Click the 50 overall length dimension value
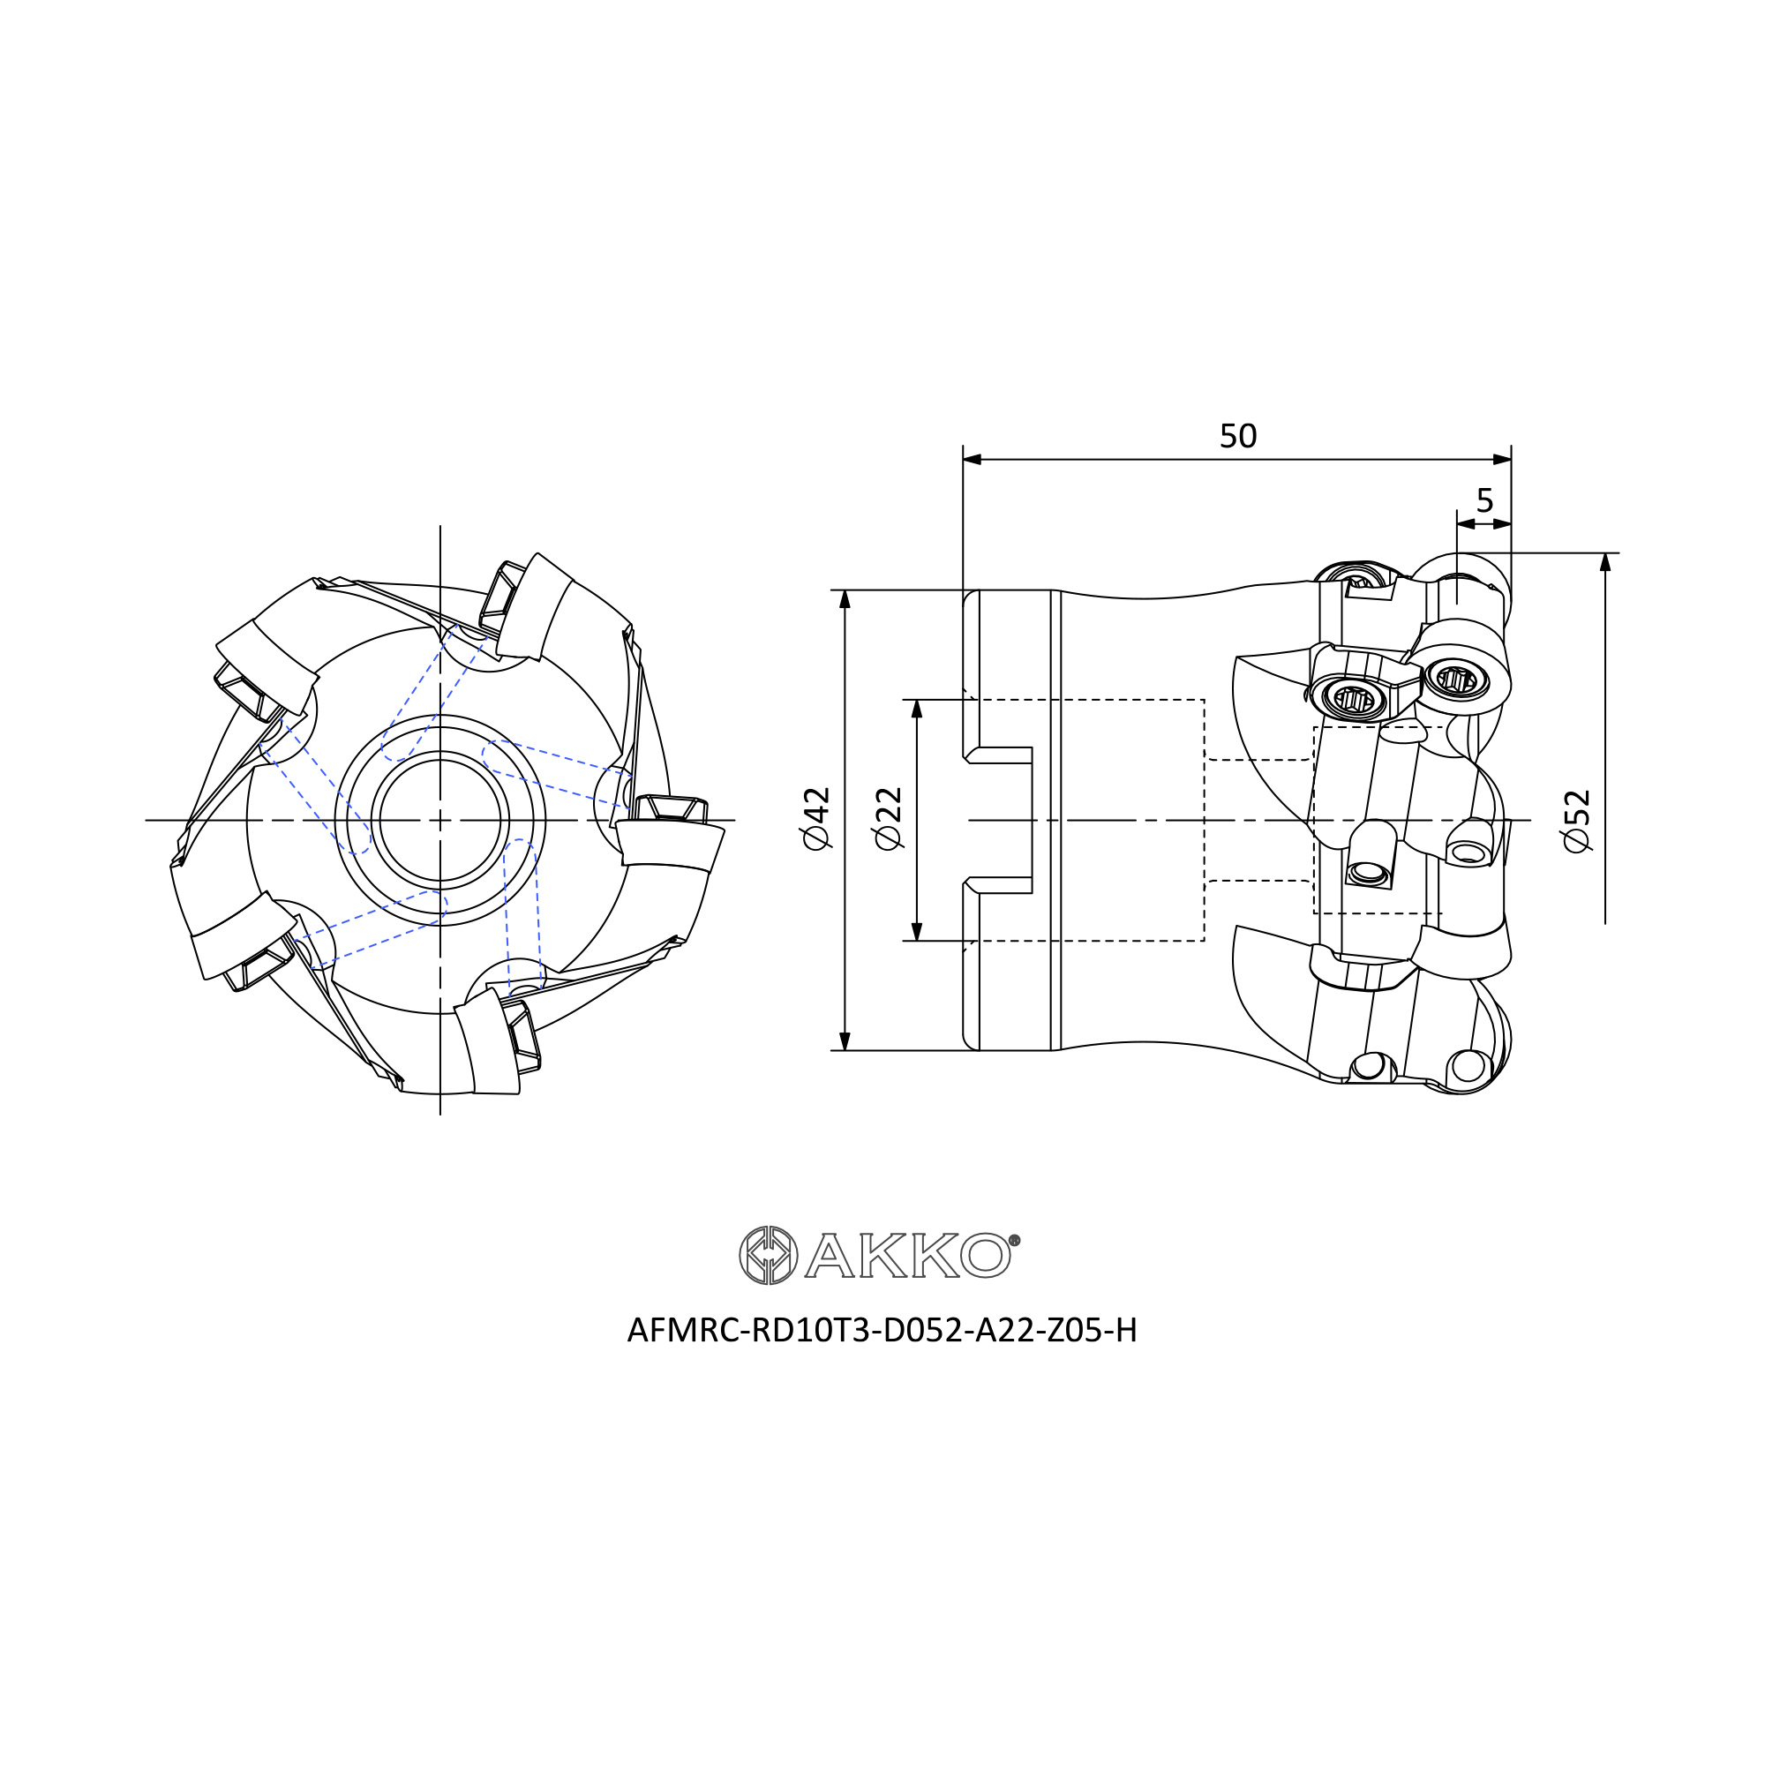(x=1238, y=437)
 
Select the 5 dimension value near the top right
(x=1484, y=500)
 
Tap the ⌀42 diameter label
(x=815, y=818)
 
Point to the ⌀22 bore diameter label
(x=888, y=818)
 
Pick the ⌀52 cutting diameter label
(x=1577, y=821)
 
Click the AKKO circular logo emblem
(x=769, y=1255)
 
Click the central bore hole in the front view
(x=440, y=820)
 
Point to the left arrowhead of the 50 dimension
(x=972, y=459)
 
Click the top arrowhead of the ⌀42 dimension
(x=845, y=599)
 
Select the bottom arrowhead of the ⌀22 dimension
(x=917, y=931)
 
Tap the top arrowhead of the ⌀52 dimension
(x=1605, y=562)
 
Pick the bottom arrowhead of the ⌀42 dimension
(x=845, y=1041)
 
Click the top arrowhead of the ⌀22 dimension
(x=917, y=709)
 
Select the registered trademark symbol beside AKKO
(x=1014, y=1241)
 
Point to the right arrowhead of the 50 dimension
(x=1502, y=459)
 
